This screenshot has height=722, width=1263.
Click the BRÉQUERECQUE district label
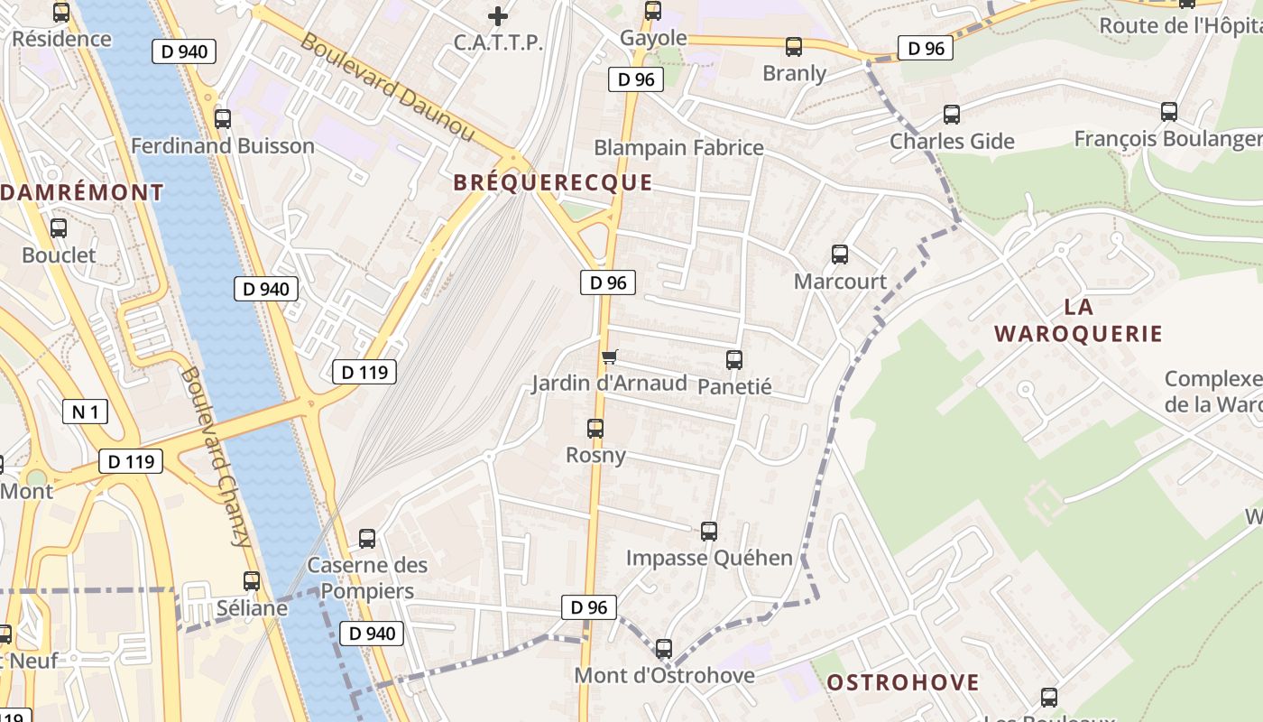tap(552, 182)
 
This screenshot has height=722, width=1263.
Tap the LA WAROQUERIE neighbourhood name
tap(1078, 320)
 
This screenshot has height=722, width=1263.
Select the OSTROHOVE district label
tap(902, 682)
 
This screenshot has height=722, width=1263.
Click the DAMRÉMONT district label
tap(82, 192)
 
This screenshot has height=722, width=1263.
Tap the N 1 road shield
tap(86, 412)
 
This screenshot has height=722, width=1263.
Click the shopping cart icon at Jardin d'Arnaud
tap(610, 357)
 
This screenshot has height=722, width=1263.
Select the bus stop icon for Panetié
tap(734, 360)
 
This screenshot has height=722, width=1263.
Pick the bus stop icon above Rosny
tap(595, 429)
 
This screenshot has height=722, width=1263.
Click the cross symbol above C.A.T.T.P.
tap(497, 15)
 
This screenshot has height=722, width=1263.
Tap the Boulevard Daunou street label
tap(387, 87)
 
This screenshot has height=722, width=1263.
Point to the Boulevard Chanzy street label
tap(216, 457)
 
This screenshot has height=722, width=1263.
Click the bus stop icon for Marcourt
tap(840, 255)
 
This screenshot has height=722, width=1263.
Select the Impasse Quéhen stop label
tap(709, 558)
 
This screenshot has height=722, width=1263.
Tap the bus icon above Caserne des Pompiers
tap(367, 539)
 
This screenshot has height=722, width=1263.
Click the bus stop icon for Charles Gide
tap(952, 115)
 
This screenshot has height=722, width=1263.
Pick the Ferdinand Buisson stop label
tap(223, 146)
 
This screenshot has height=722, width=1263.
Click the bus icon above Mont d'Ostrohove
tap(664, 648)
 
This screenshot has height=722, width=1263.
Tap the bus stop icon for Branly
tap(794, 47)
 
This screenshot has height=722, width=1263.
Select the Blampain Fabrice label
tap(678, 148)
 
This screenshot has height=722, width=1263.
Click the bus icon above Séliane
tap(252, 581)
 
